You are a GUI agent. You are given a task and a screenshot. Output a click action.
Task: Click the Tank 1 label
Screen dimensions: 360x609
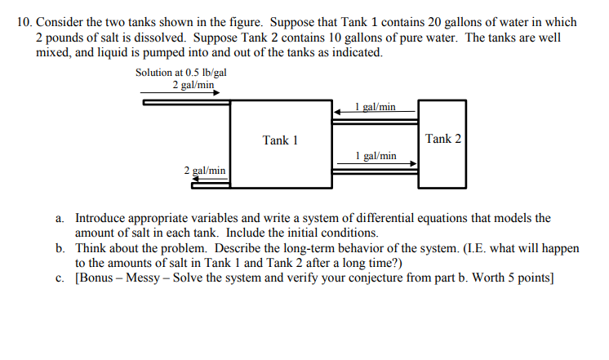(x=280, y=140)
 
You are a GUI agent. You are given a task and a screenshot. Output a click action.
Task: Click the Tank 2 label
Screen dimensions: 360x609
(x=443, y=138)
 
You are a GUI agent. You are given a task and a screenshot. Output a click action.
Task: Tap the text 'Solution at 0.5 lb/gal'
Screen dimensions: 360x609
(x=180, y=73)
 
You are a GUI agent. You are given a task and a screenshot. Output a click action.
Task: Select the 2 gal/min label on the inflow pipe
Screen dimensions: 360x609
(x=193, y=84)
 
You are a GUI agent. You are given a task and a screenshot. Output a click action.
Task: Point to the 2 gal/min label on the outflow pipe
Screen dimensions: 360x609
(x=205, y=171)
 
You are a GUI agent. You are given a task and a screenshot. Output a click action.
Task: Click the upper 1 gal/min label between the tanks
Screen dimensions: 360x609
(x=376, y=106)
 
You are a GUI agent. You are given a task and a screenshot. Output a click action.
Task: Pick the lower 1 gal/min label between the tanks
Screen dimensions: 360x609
(x=376, y=155)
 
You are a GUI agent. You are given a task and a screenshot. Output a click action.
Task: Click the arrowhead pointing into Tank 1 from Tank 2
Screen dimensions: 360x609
(x=336, y=111)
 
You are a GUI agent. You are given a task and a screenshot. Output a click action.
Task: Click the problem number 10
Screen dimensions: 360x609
(x=24, y=22)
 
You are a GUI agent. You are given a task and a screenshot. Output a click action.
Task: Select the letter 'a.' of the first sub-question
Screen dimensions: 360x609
(x=60, y=219)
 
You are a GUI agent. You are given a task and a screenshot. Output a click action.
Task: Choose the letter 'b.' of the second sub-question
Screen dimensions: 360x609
(x=60, y=247)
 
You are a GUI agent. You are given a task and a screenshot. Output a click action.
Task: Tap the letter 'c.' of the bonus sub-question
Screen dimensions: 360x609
(x=60, y=278)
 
